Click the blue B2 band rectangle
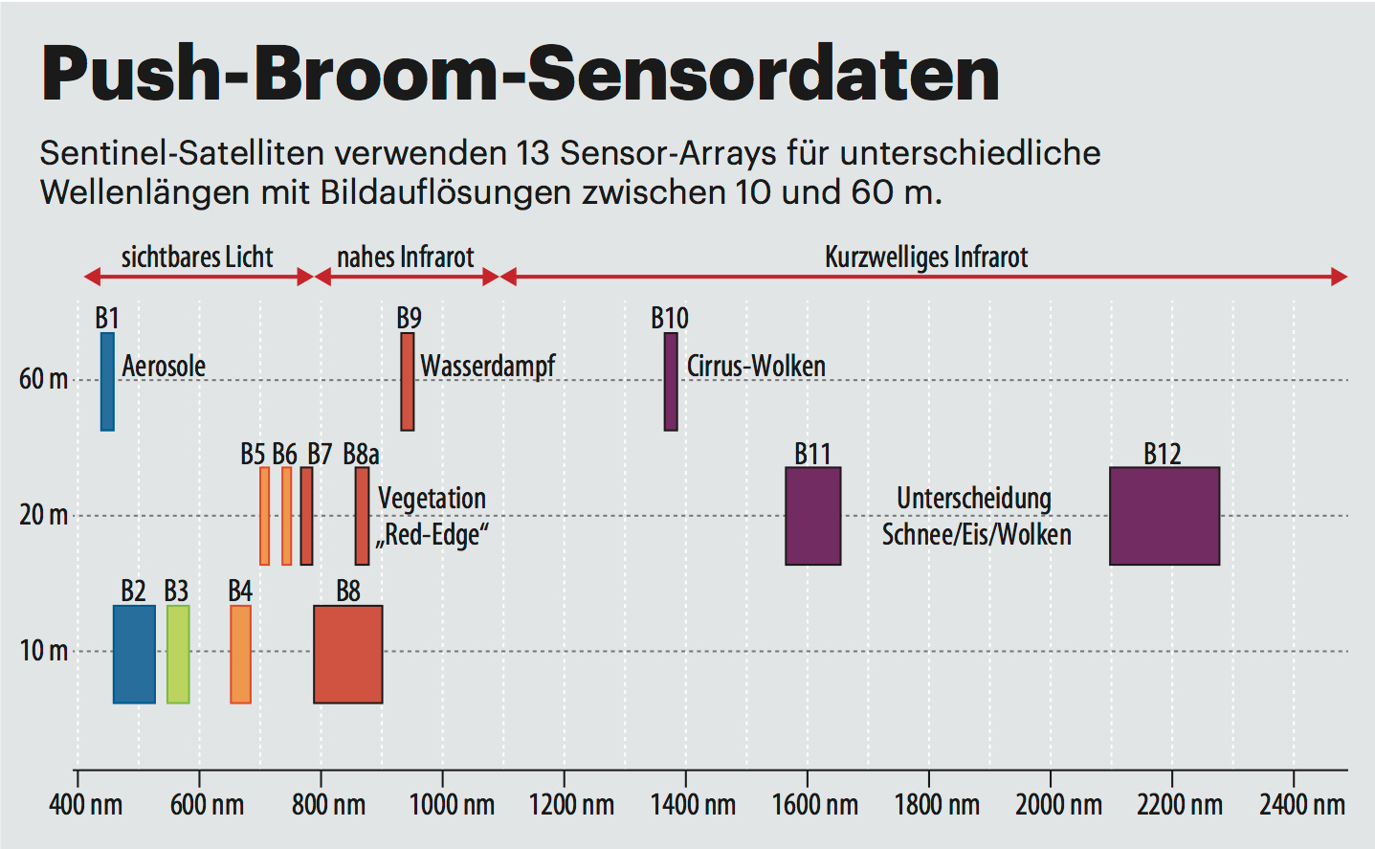pos(134,655)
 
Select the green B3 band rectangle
pos(178,655)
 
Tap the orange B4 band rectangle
pos(240,655)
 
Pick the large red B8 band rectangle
pos(348,655)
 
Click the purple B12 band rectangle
pos(1164,516)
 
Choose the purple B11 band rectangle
pos(813,516)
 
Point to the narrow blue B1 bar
pos(107,382)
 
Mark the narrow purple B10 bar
pos(671,382)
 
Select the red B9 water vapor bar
pos(408,382)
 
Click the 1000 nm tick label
pos(452,805)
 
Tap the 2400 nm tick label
pos(1301,805)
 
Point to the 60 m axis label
pos(44,380)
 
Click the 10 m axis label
pos(44,652)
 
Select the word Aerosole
pos(164,366)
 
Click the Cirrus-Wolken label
pos(756,366)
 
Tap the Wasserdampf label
pos(488,366)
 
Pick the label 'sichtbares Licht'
pos(197,257)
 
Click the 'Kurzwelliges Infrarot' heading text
pos(926,257)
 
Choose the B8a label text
pos(361,454)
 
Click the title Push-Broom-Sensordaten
pos(521,75)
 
